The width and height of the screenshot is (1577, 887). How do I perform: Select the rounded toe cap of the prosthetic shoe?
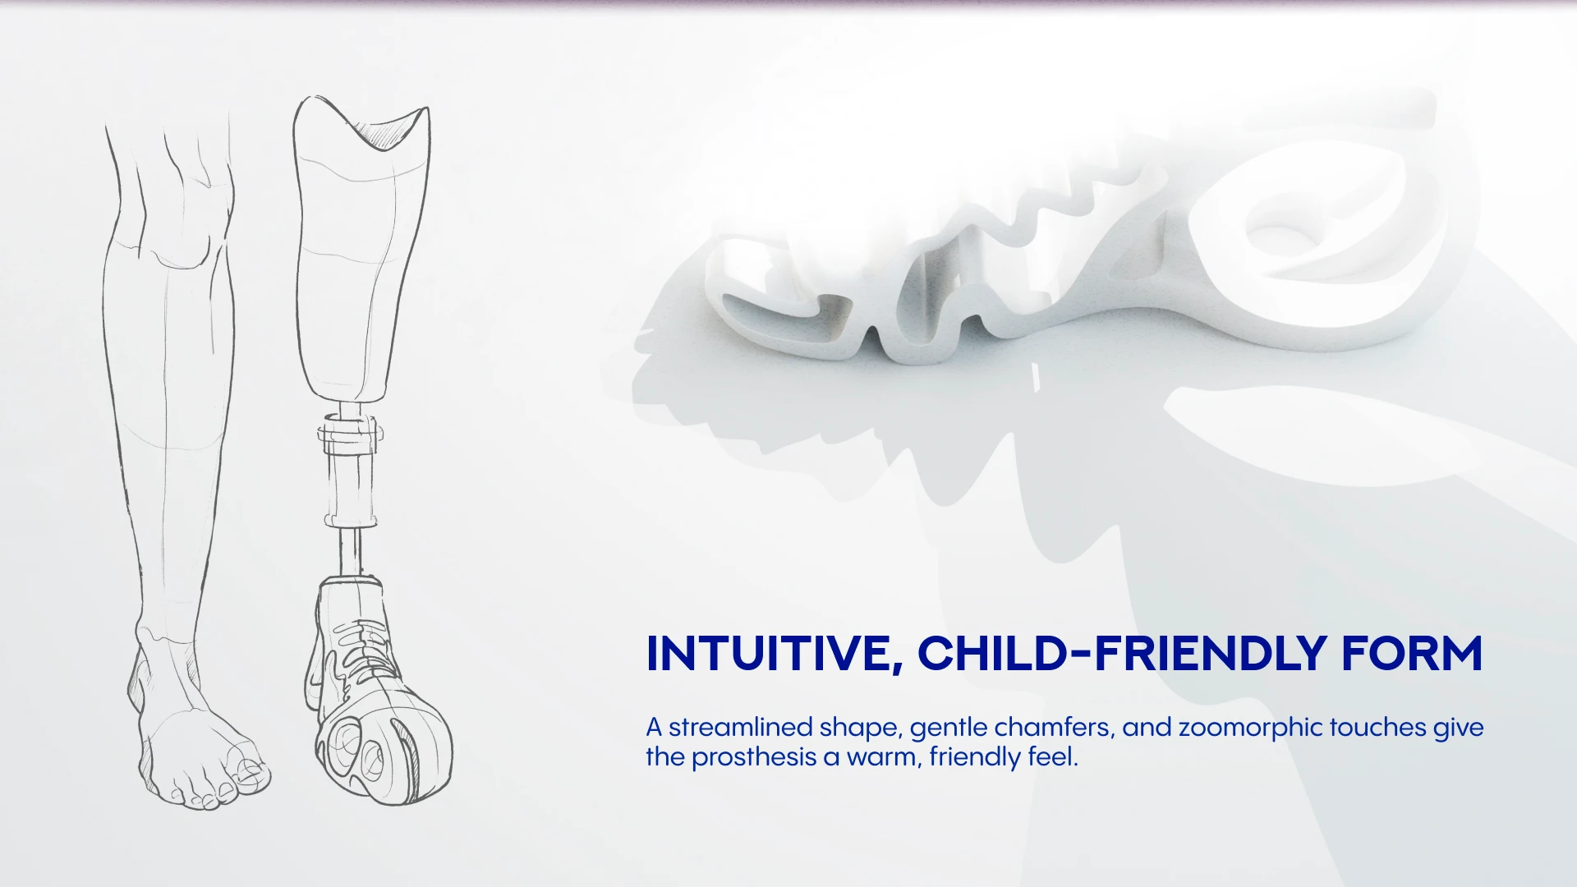tap(386, 756)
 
